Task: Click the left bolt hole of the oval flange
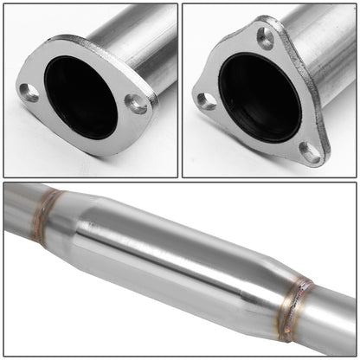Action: point(30,93)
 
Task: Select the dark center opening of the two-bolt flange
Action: point(80,98)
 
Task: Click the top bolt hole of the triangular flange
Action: point(265,38)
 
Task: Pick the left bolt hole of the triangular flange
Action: point(206,101)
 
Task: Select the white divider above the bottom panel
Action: point(180,179)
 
